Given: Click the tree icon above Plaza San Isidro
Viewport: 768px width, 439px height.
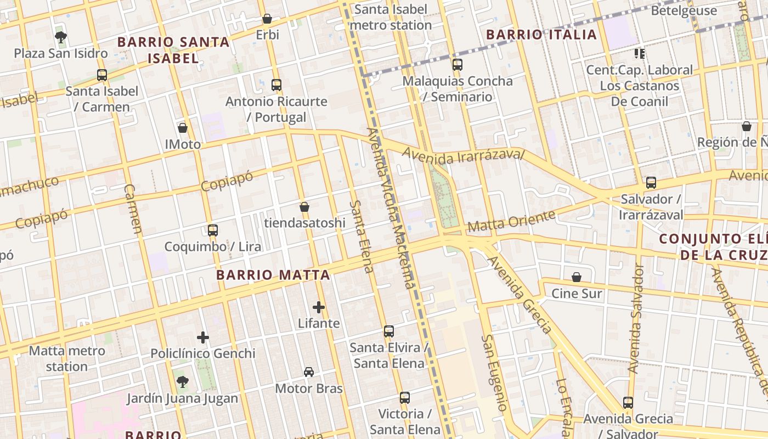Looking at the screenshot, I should (x=61, y=37).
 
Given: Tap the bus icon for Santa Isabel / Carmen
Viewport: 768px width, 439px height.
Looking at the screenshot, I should (x=102, y=75).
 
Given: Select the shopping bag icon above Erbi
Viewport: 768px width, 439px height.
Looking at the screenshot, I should (x=267, y=19).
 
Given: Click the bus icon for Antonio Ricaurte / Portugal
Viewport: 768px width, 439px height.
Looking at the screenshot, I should (x=276, y=85).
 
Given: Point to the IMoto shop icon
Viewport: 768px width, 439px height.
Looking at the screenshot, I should (x=183, y=128).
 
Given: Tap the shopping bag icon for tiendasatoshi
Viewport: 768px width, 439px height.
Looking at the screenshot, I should (x=304, y=207).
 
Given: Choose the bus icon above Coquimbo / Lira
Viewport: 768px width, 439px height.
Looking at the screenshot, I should (x=213, y=230).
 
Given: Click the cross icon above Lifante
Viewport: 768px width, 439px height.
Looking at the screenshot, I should (x=319, y=307).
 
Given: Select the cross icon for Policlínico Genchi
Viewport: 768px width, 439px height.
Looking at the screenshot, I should (x=203, y=337).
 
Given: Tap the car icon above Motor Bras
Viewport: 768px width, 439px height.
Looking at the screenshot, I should (x=309, y=372).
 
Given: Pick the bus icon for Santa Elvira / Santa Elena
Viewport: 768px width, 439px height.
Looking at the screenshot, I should (x=389, y=331).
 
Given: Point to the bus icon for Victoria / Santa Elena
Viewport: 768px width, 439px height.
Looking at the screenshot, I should (x=405, y=398).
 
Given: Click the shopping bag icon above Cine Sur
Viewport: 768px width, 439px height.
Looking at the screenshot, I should (x=577, y=277).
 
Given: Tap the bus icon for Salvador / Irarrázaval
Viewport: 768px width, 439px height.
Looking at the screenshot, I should (x=651, y=183).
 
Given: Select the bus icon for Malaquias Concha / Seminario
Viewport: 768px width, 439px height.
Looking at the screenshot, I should (x=458, y=65).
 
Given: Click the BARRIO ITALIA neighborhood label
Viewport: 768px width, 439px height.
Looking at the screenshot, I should (x=541, y=35).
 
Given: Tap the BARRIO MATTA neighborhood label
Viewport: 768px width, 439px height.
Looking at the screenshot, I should (x=273, y=275).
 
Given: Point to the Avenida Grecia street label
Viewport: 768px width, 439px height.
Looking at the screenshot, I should (x=519, y=294).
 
